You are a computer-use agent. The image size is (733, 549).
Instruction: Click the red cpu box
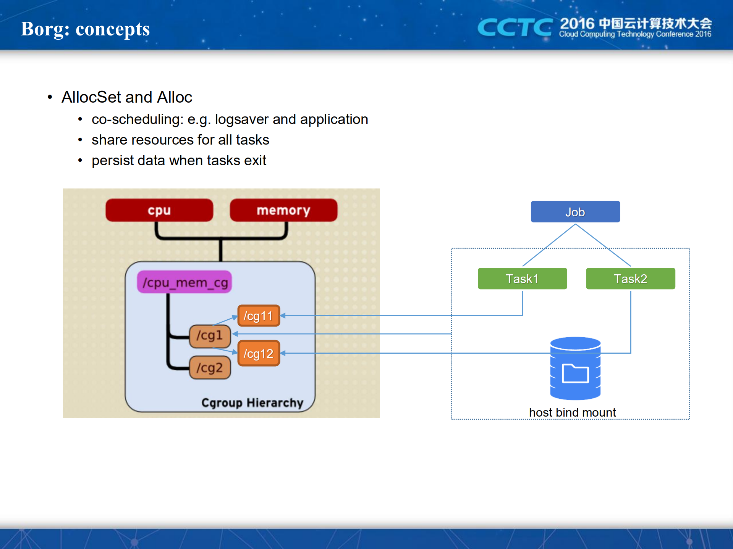point(159,210)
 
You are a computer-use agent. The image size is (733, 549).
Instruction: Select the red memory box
point(283,210)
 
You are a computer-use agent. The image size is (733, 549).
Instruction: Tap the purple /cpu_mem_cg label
point(184,282)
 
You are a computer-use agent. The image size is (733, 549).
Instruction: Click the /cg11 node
point(259,316)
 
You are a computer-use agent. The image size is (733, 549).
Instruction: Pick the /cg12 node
point(259,354)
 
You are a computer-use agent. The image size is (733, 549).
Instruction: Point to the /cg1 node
point(210,336)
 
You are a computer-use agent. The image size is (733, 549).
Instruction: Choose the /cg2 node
point(210,368)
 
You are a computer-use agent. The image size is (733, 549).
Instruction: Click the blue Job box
point(575,212)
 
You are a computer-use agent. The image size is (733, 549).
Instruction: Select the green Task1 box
point(522,279)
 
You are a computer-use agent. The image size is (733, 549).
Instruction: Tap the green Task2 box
point(630,279)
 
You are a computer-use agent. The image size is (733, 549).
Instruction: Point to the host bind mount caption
point(572,412)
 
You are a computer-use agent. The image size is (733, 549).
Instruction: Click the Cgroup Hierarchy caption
point(252,403)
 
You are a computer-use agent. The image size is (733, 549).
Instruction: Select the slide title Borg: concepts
point(85,29)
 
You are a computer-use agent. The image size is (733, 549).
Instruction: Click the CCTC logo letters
point(515,27)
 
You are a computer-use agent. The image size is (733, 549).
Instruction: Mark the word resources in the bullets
point(162,140)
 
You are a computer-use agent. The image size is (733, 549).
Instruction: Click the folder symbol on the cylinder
point(575,374)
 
